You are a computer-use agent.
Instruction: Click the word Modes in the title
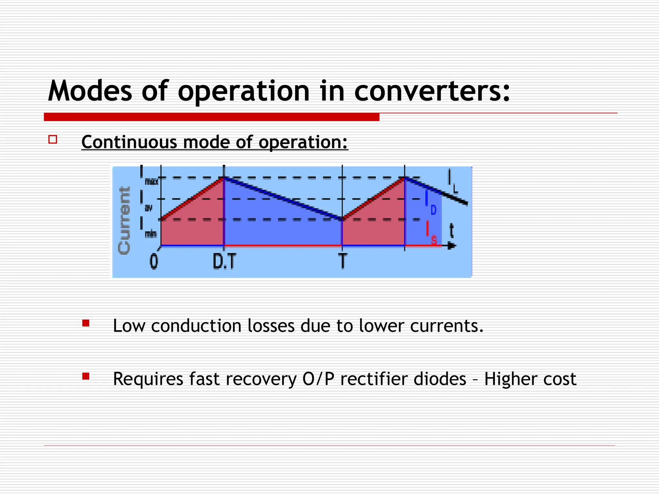(90, 91)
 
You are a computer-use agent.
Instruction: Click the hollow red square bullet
(53, 139)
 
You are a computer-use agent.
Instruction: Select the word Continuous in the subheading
(129, 142)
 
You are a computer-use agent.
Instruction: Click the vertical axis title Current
(124, 220)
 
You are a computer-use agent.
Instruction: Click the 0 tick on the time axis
(154, 261)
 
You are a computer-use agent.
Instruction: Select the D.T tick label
(224, 261)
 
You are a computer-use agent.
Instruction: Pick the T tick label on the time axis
(342, 261)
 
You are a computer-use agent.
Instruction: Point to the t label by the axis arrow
(452, 231)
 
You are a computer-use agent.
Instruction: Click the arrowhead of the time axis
(452, 246)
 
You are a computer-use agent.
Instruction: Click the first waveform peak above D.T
(224, 177)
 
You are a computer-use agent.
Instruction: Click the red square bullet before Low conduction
(86, 323)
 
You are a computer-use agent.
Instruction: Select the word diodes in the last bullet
(440, 379)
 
